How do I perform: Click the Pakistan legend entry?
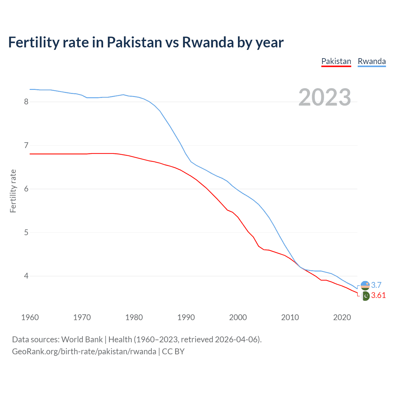coord(336,61)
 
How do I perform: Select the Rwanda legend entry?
coord(372,61)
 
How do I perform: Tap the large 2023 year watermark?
coord(325,97)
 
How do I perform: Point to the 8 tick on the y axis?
coord(26,102)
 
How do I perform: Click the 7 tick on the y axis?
coord(26,145)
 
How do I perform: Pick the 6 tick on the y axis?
coord(26,189)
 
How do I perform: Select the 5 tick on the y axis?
coord(26,232)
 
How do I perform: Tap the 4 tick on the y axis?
coord(26,276)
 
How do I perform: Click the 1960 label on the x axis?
coord(30,317)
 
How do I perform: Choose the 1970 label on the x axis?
coord(82,317)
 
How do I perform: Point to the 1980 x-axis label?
coord(134,317)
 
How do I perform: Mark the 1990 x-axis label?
coord(186,317)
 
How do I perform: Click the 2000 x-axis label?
coord(238,317)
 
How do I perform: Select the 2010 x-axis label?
coord(290,317)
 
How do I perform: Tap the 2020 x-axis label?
coord(342,317)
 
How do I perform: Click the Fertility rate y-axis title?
coord(13,191)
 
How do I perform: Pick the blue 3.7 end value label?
coord(376,285)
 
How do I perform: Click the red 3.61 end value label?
coord(378,295)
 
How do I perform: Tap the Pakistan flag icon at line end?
coord(365,296)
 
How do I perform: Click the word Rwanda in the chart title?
coord(208,42)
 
